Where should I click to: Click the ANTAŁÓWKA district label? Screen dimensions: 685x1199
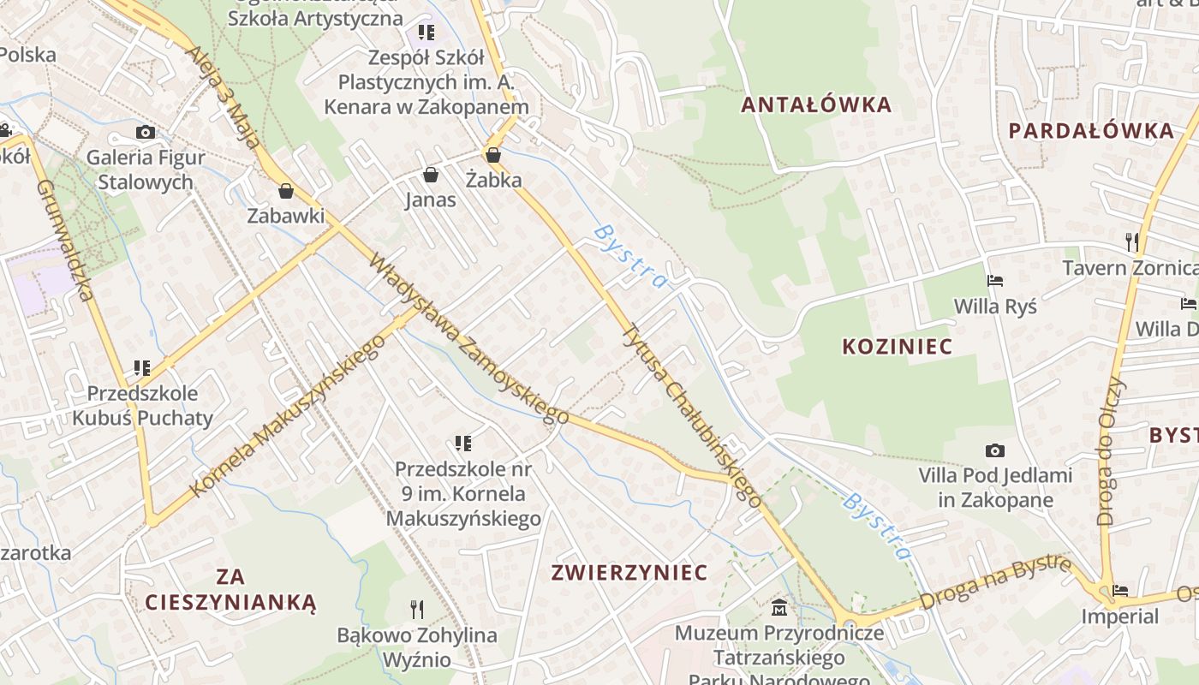(x=816, y=105)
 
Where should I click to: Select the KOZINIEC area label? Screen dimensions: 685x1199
(x=898, y=347)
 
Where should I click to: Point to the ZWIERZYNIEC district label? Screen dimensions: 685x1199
(x=629, y=572)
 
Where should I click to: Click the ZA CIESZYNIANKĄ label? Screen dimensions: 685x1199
(x=230, y=589)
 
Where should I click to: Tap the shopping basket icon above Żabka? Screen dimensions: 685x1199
(x=492, y=155)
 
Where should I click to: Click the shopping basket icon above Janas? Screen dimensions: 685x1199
(x=431, y=176)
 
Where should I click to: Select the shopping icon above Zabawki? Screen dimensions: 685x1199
(x=285, y=190)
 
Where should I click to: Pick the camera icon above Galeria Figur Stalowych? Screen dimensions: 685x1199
(x=146, y=132)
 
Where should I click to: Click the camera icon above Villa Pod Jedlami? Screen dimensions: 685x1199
(x=994, y=450)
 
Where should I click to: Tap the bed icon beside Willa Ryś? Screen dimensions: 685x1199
(x=994, y=281)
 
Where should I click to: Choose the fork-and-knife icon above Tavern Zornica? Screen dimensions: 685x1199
(x=1132, y=241)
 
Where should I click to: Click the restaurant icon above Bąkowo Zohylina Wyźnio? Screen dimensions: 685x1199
(x=417, y=610)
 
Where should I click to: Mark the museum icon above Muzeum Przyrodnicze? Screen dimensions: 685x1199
(x=779, y=608)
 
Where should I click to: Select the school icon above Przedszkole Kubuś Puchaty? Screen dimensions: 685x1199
(x=142, y=368)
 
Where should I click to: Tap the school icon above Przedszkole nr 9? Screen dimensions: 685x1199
(x=463, y=444)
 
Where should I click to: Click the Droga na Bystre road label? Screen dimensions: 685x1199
(x=995, y=582)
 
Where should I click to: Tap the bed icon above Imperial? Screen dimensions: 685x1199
(x=1119, y=591)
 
